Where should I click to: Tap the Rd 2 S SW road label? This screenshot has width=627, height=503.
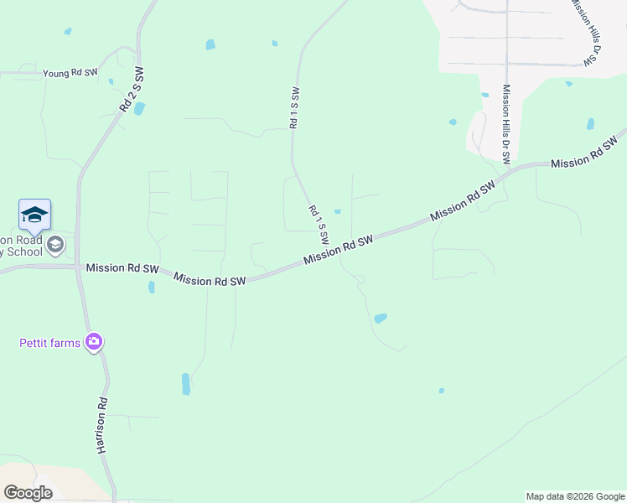132,91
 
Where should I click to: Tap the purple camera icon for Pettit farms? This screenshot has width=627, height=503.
93,341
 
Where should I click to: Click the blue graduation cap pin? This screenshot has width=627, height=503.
34,215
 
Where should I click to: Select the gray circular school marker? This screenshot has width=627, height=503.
55,245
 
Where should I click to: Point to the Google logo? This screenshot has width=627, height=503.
28,493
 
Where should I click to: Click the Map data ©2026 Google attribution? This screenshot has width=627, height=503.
574,496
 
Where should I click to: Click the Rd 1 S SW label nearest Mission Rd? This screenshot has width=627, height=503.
318,224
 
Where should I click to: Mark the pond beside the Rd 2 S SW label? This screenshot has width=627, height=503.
139,108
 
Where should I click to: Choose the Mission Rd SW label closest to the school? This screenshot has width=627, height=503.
122,269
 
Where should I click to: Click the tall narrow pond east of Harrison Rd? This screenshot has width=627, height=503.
185,384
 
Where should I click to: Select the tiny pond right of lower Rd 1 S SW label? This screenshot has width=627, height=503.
337,211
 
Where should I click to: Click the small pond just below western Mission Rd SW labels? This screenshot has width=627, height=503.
152,288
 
